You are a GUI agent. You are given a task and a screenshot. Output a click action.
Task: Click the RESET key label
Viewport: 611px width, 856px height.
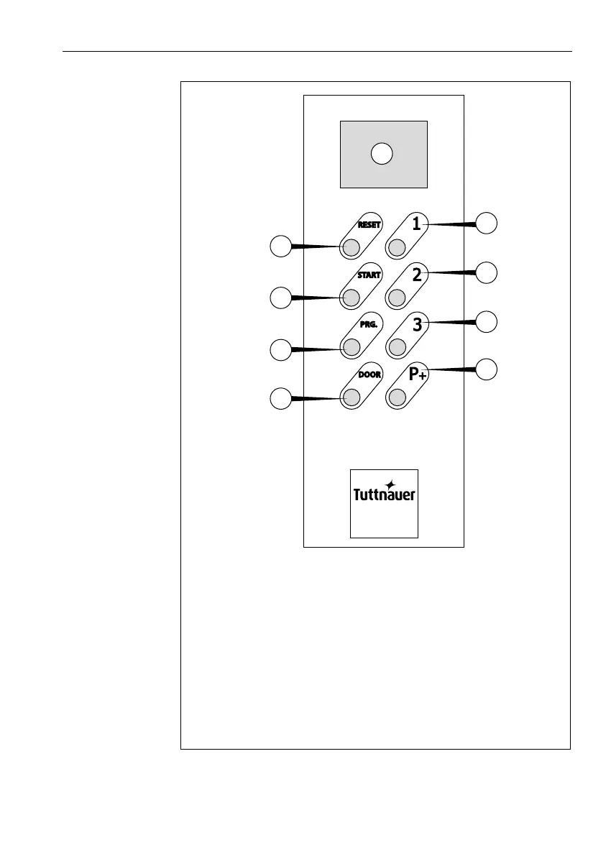(369, 224)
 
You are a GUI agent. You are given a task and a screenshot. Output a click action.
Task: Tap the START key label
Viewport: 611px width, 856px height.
(369, 275)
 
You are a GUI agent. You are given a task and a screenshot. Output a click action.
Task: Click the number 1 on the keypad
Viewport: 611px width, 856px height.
(416, 224)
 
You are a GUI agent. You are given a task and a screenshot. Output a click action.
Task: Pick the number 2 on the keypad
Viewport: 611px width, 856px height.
(417, 273)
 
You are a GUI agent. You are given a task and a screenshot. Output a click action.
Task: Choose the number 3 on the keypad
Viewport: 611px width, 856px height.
(417, 324)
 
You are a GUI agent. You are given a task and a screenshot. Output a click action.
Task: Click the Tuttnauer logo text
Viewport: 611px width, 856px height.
(384, 494)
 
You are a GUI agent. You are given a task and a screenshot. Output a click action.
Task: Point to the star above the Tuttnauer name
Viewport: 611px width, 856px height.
(390, 484)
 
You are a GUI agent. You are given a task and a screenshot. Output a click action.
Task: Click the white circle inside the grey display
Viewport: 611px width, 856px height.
(382, 153)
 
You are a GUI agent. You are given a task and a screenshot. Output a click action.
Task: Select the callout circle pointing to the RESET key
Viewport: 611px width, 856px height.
(280, 246)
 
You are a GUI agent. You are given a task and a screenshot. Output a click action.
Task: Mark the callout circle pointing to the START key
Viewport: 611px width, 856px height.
(280, 297)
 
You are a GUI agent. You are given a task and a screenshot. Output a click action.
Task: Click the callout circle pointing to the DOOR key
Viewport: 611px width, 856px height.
(280, 397)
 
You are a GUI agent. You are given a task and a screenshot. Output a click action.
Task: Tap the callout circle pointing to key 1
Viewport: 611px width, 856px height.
(487, 223)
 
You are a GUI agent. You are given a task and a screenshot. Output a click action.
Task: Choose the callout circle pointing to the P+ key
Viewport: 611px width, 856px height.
(487, 369)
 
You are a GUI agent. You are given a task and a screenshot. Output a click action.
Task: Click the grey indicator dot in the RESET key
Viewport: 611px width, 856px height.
(351, 248)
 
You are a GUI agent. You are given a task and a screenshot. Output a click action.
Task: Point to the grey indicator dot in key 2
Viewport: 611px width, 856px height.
(397, 298)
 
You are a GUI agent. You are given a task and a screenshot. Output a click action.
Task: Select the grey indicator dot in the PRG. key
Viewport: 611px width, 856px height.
(351, 348)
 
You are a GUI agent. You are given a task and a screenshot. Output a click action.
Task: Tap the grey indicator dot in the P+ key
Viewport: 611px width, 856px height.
(397, 397)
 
